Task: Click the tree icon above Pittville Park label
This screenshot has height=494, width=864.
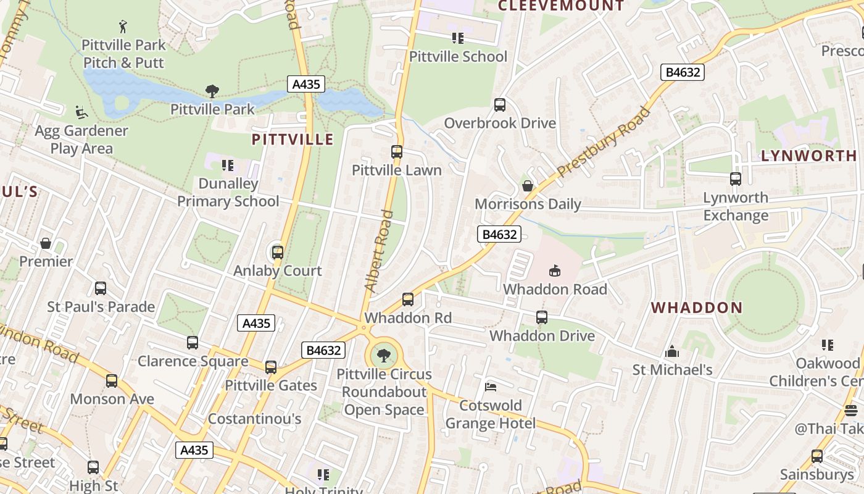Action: pyautogui.click(x=212, y=91)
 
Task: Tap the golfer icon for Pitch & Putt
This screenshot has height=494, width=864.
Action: pyautogui.click(x=123, y=27)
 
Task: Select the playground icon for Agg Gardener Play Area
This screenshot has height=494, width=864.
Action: pyautogui.click(x=81, y=112)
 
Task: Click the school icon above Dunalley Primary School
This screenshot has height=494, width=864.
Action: pyautogui.click(x=228, y=165)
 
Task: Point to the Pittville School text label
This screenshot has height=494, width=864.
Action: pyautogui.click(x=458, y=57)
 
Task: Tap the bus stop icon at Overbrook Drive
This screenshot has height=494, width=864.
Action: pyautogui.click(x=500, y=105)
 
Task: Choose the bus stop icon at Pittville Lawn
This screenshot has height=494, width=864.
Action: pyautogui.click(x=397, y=152)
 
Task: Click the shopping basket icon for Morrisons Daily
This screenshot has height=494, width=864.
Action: pyautogui.click(x=528, y=186)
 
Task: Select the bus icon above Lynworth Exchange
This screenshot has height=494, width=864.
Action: pyautogui.click(x=736, y=179)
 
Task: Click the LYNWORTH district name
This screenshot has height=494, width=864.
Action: pyautogui.click(x=808, y=156)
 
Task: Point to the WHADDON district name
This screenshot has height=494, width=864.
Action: pyautogui.click(x=697, y=308)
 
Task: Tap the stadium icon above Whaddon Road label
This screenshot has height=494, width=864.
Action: pyautogui.click(x=555, y=270)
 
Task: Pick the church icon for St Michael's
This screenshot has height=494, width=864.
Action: pyautogui.click(x=672, y=352)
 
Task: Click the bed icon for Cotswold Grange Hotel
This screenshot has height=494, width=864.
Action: pyautogui.click(x=491, y=387)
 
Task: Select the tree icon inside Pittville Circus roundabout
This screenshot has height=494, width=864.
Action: pyautogui.click(x=384, y=356)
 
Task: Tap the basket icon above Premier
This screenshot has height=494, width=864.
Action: pyautogui.click(x=46, y=243)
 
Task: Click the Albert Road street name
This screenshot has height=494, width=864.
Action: pyautogui.click(x=379, y=251)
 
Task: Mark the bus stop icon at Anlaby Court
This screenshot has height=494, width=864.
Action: pyautogui.click(x=278, y=252)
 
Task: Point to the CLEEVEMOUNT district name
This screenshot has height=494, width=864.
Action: pyautogui.click(x=561, y=6)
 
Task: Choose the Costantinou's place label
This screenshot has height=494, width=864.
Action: pyautogui.click(x=254, y=419)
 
